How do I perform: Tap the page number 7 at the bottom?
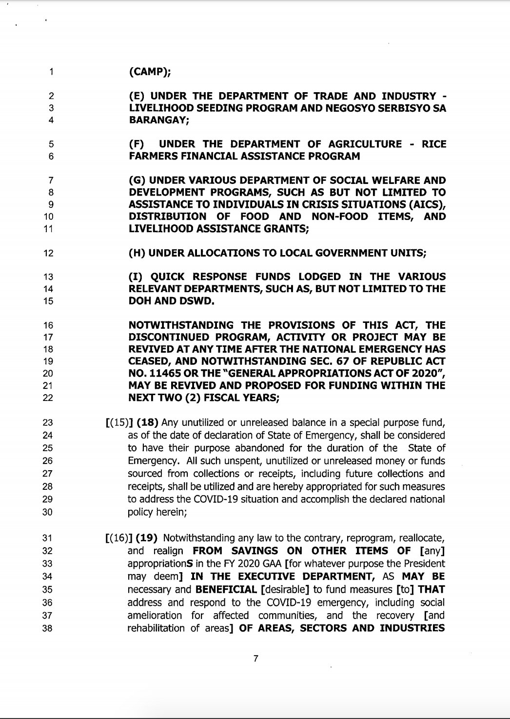[255, 659]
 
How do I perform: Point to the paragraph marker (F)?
[137, 144]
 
